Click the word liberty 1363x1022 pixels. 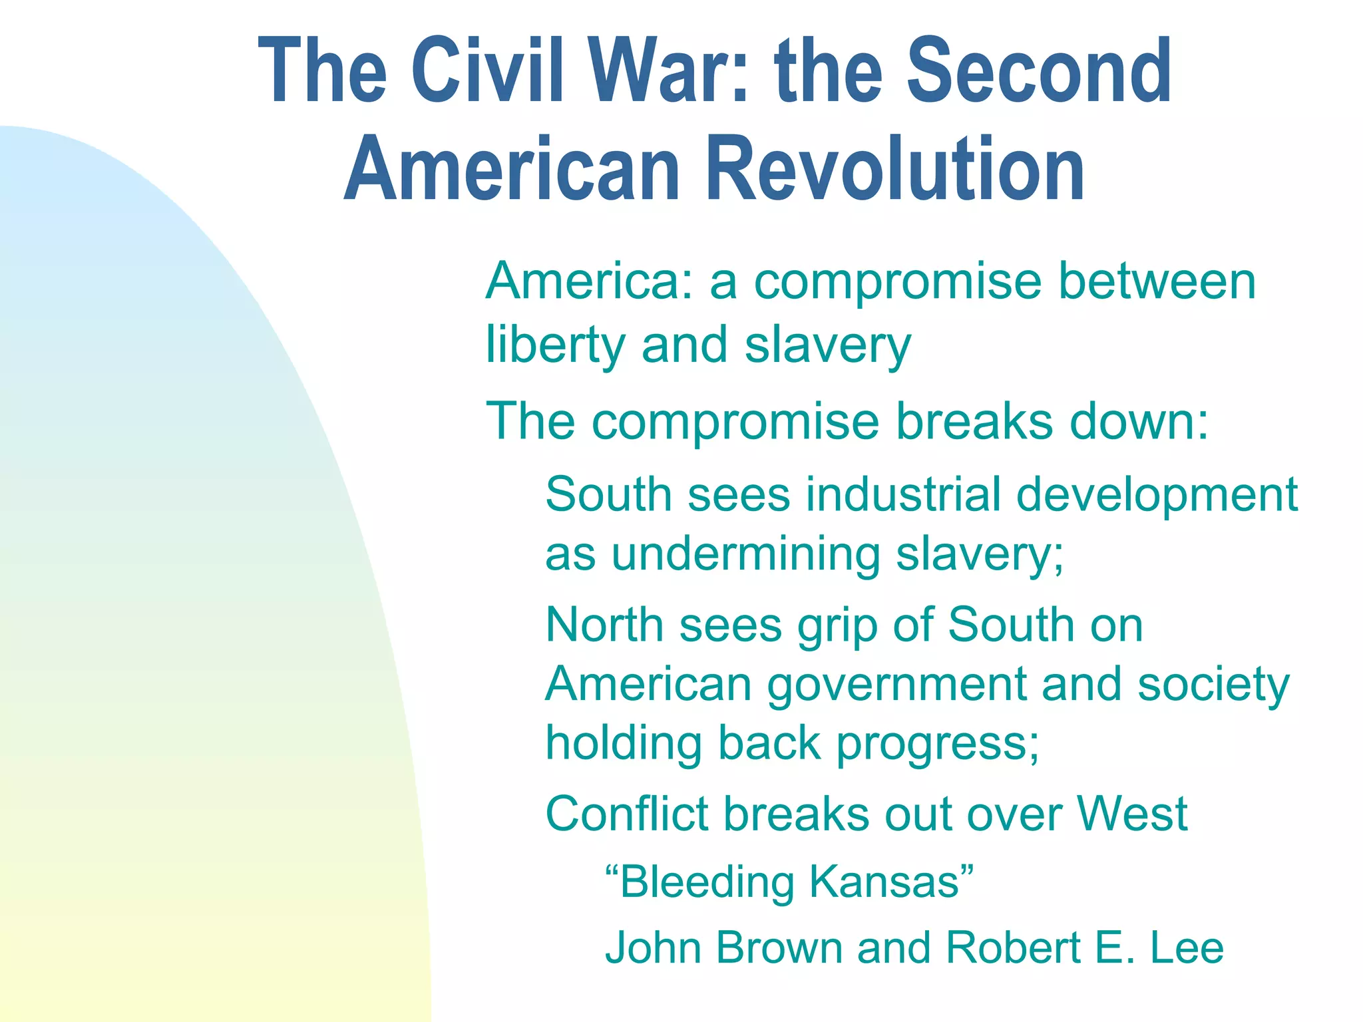(x=556, y=346)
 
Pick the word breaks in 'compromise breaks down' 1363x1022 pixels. (x=974, y=421)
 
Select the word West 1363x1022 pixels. (x=1132, y=814)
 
